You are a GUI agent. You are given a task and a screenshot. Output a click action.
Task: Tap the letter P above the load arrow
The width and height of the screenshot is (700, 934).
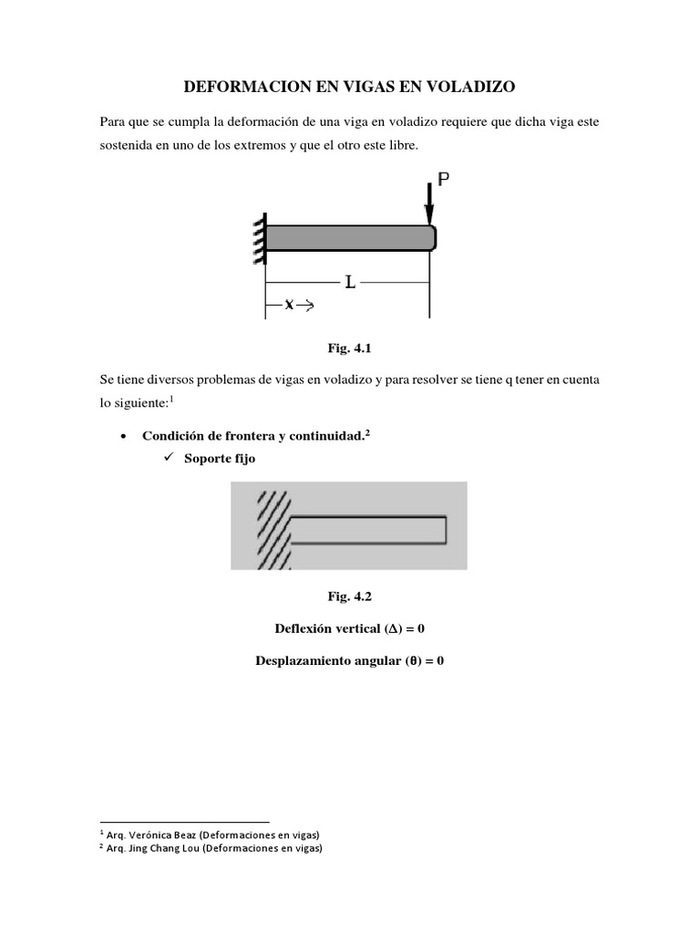click(x=443, y=180)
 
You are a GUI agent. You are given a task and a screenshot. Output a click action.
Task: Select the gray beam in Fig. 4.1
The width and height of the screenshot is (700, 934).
click(x=347, y=237)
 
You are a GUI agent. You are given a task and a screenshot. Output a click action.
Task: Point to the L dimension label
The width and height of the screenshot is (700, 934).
click(x=349, y=283)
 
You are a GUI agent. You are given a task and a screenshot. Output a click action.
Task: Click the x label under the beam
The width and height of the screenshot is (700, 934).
click(x=289, y=306)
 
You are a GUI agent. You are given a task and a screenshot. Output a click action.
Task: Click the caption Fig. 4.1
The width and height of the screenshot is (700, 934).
click(x=349, y=348)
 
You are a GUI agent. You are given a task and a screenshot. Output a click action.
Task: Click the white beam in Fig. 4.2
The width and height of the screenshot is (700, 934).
click(x=368, y=529)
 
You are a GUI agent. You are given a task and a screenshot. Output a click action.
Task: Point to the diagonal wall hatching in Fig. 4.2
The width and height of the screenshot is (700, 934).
click(x=271, y=529)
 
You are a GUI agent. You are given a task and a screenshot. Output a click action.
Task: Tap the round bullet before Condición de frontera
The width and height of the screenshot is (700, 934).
click(x=123, y=437)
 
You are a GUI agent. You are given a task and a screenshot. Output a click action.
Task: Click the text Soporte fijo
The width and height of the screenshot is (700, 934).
click(x=220, y=459)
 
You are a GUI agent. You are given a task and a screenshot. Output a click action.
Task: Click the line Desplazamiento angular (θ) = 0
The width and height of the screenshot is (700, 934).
click(x=349, y=661)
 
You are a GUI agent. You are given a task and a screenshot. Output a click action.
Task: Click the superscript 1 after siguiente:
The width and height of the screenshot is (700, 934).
click(x=171, y=399)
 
